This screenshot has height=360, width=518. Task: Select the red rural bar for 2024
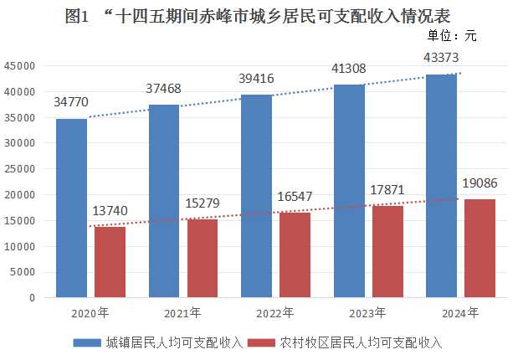(480, 248)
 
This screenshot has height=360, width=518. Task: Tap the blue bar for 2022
(256, 196)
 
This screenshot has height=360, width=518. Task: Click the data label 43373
(442, 58)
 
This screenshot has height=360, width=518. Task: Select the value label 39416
(258, 79)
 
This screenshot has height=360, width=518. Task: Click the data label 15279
(203, 203)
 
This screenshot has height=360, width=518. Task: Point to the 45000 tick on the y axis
(20, 66)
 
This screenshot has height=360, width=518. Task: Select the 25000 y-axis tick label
(20, 169)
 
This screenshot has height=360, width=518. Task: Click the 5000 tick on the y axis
(23, 272)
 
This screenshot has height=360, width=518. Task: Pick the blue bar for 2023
(349, 191)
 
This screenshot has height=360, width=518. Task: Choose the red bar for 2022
(295, 255)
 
